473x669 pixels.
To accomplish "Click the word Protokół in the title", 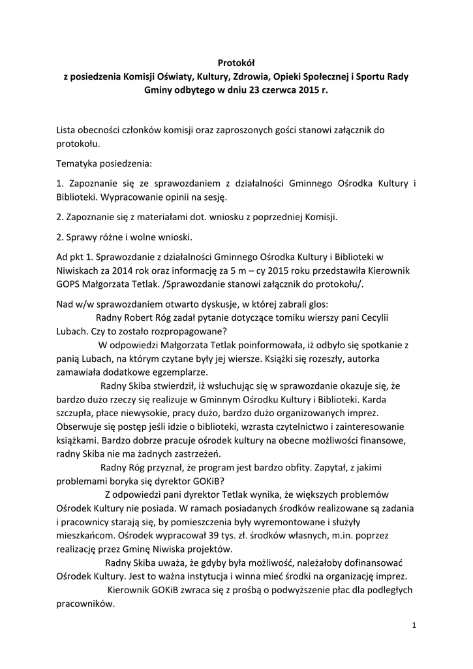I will [x=236, y=63].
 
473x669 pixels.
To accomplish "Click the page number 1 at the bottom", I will [x=414, y=626].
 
